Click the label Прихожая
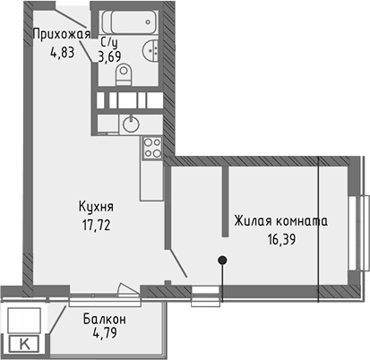pos(62,35)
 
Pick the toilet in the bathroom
pos(125,72)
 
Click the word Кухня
pos(94,206)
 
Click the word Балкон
pos(104,320)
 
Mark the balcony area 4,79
pos(104,335)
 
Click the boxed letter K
pos(23,342)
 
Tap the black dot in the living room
pos(222,261)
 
